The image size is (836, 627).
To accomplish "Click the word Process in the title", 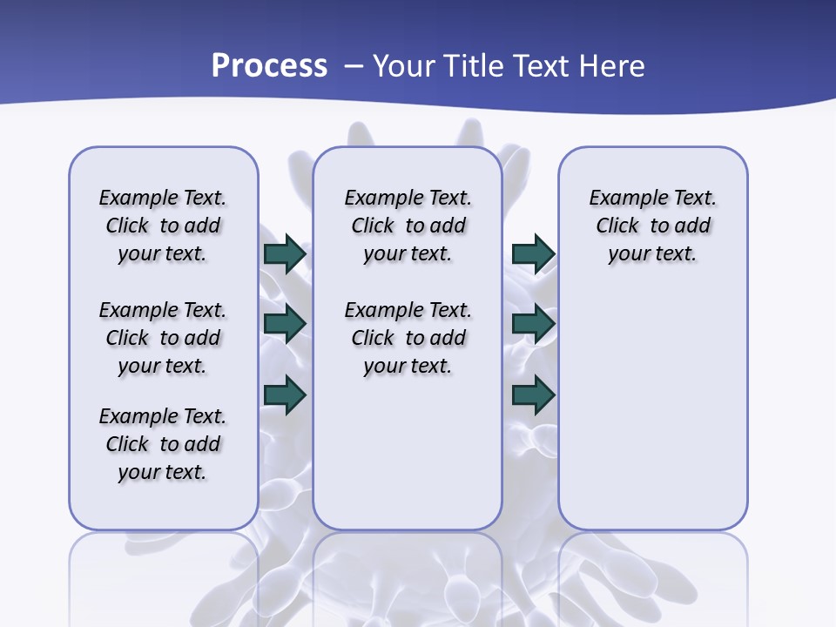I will pos(269,65).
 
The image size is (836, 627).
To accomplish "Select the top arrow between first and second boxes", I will pos(285,254).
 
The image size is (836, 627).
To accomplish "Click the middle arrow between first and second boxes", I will pos(285,325).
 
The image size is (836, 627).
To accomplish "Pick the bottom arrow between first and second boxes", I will pos(285,394).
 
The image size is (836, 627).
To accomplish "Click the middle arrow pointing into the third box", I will pos(533,325).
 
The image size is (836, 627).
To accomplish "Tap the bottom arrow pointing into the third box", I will pos(533,394).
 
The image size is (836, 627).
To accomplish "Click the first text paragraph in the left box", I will pos(163,226).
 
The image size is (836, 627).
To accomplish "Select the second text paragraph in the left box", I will pos(163,338).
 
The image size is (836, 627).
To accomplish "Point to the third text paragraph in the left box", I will pos(163,444).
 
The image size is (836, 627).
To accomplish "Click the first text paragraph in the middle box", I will pos(408,226).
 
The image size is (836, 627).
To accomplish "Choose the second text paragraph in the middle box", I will pos(408,338).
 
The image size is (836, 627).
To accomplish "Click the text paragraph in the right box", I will pos(653,226).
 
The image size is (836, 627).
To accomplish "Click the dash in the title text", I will pos(354,65).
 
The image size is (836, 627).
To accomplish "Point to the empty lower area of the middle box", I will pos(408,453).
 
